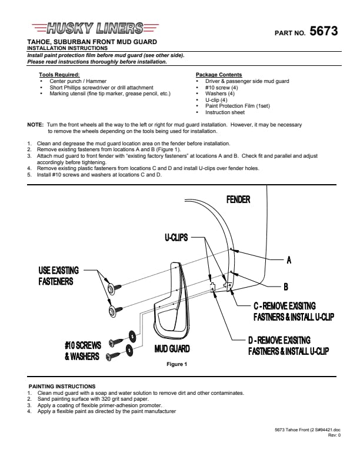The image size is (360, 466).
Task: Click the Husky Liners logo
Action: [95, 28]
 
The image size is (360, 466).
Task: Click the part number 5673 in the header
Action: [324, 31]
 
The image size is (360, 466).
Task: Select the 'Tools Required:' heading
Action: [59, 75]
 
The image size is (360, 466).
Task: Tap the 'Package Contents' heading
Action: [219, 75]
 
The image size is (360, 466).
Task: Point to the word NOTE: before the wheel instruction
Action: [35, 125]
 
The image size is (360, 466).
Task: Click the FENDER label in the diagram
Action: [238, 199]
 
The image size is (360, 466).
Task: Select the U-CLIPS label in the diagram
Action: [176, 238]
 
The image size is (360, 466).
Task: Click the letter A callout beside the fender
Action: [289, 260]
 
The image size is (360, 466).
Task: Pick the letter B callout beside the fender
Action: [286, 287]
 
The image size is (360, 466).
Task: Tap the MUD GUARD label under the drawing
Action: [172, 348]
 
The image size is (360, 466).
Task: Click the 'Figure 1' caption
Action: [176, 364]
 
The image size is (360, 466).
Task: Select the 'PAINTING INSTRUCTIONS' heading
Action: [62, 387]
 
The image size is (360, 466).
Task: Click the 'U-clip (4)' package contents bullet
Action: [216, 100]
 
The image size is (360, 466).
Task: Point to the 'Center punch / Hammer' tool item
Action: [78, 81]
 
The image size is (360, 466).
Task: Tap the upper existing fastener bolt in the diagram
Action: [115, 288]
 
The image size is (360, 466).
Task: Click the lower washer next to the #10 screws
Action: [129, 350]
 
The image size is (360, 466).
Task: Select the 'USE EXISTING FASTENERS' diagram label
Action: [58, 276]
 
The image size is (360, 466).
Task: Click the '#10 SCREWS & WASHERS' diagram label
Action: [83, 351]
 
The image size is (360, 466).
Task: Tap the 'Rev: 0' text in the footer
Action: [334, 435]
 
